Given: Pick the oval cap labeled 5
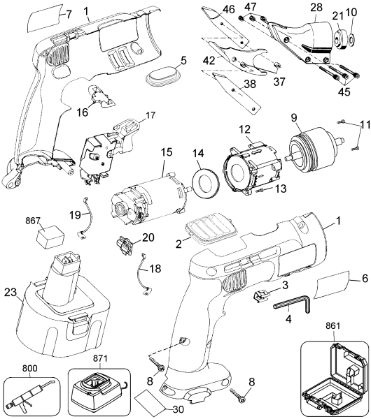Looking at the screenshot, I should [162, 75].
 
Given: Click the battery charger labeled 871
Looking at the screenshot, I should [103, 387].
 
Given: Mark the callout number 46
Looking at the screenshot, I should [228, 8].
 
